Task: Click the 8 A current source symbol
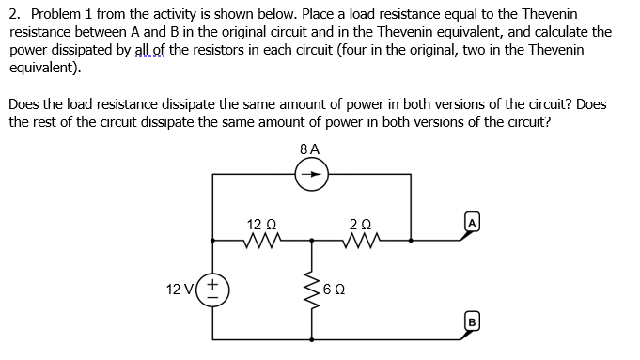point(311,174)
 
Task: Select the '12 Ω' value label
point(259,225)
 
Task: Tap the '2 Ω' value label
point(360,225)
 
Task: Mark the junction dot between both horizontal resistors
point(311,242)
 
